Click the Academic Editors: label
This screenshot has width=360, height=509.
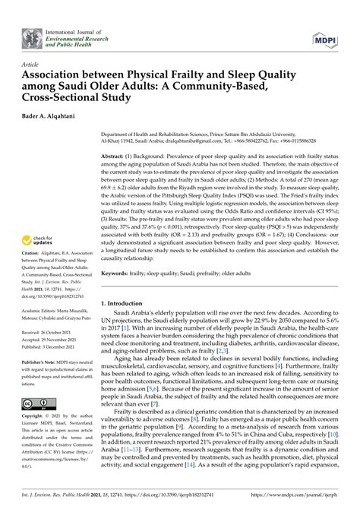point(43,302)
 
